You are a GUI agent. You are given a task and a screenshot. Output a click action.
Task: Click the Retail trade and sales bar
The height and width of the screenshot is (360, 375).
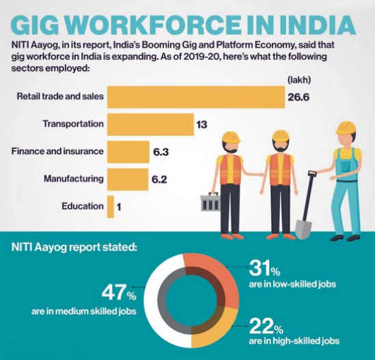click(x=195, y=96)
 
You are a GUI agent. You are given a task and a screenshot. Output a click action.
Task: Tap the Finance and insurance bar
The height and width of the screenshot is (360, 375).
click(x=127, y=152)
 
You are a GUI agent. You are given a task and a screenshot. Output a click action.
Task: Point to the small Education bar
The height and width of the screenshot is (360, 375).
click(x=109, y=206)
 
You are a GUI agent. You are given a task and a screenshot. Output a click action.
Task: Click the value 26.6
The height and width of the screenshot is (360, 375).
click(x=298, y=97)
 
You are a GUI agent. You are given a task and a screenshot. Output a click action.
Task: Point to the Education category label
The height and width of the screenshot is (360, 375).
click(x=82, y=206)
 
